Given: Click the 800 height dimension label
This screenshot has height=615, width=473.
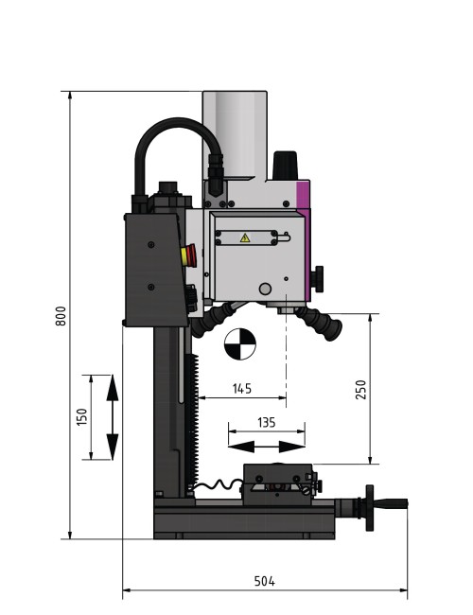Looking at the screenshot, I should pos(61,316).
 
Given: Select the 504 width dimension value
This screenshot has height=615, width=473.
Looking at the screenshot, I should pos(266,581).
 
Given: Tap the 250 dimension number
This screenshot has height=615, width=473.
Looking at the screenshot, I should pos(360,389).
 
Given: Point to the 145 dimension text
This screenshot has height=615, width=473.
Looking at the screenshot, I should pos(241,389).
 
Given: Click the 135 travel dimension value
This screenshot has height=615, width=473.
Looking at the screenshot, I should pos(266,423).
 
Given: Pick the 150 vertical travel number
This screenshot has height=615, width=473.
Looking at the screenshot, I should pos(81,417).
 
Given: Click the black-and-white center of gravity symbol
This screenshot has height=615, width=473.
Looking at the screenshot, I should pos(240,343).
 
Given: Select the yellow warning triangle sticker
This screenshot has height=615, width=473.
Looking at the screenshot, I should pos(246,238).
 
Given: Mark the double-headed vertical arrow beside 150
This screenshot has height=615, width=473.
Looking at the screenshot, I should pos(112,417).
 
